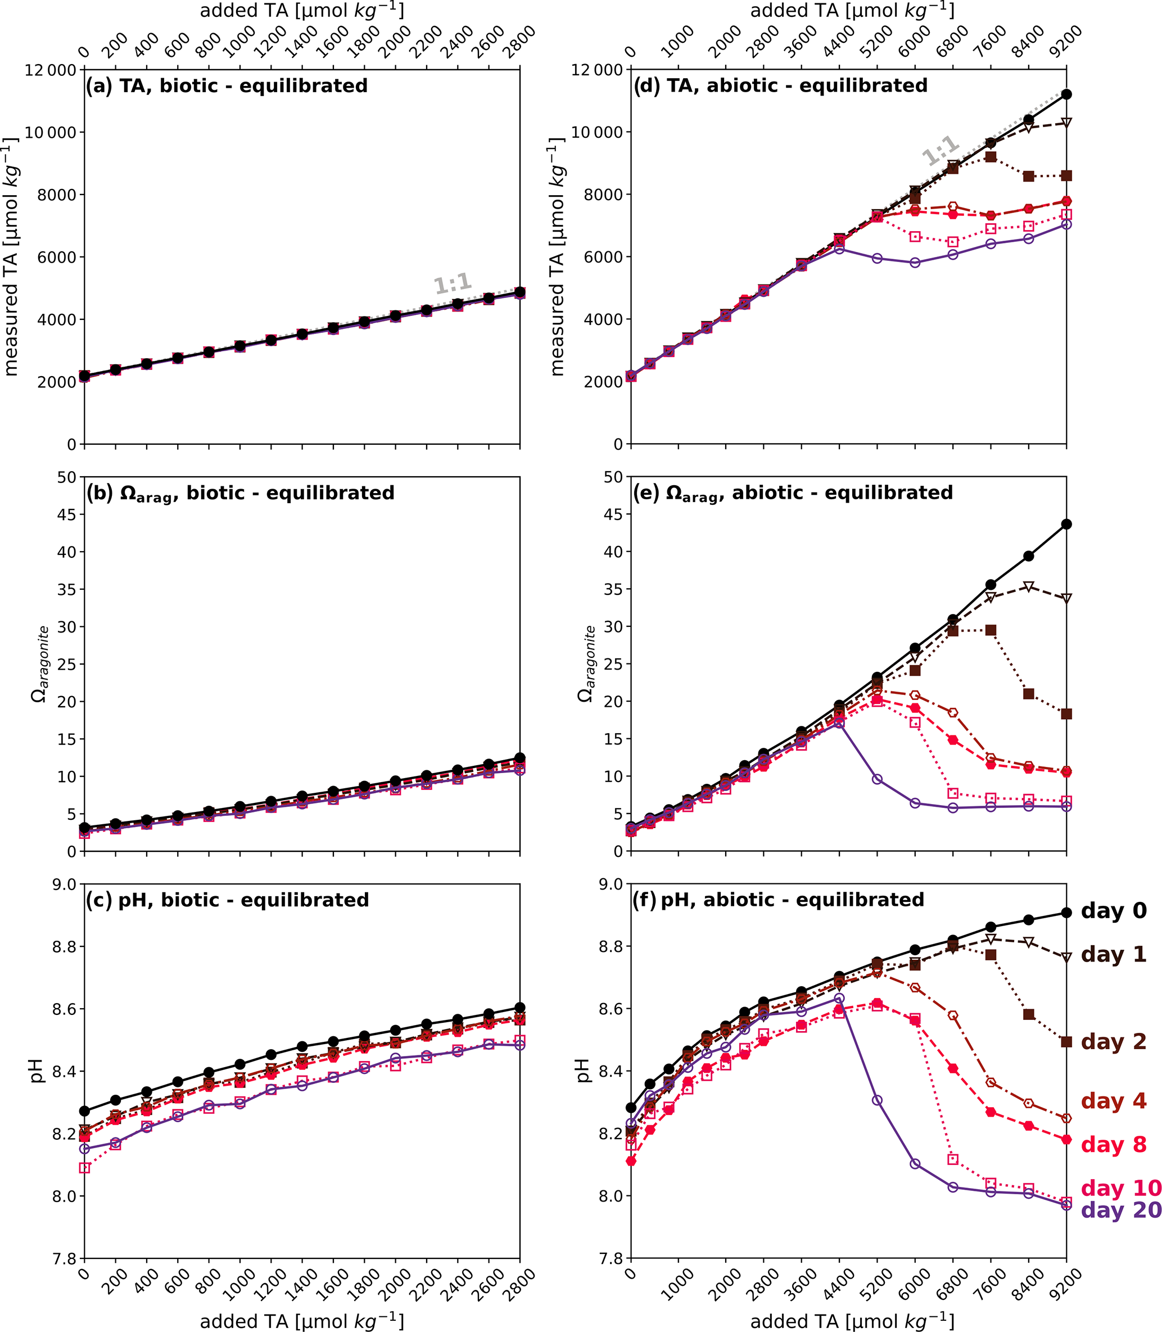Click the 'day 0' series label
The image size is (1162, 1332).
click(x=1113, y=911)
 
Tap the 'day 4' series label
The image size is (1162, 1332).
click(x=1113, y=1101)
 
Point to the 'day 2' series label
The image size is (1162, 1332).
click(x=1113, y=1042)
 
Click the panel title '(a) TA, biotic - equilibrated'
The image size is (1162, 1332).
click(x=227, y=86)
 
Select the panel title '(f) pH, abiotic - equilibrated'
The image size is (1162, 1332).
click(x=778, y=900)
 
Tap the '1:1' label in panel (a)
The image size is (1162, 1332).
click(x=453, y=285)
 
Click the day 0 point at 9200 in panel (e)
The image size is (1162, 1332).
click(x=1066, y=524)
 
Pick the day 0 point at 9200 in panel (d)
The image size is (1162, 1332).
click(x=1066, y=94)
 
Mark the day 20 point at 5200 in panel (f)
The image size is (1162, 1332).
click(x=876, y=1100)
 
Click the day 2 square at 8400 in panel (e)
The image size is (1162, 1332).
click(x=1028, y=694)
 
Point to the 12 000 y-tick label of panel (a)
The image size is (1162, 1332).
click(x=51, y=70)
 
